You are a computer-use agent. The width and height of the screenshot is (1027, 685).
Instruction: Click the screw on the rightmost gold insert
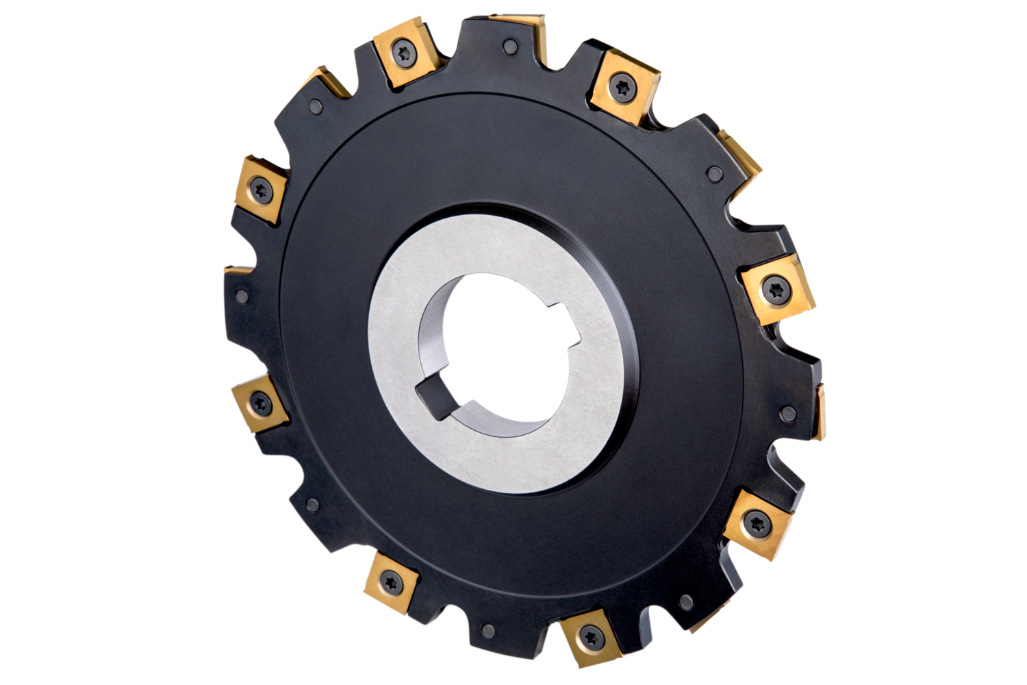click(x=776, y=288)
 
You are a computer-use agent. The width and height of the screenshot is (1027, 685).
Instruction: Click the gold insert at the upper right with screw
click(x=623, y=86)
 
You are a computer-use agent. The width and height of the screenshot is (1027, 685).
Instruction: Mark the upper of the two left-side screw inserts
click(x=260, y=187)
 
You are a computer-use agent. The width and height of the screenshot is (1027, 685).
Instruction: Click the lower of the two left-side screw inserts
click(x=259, y=403)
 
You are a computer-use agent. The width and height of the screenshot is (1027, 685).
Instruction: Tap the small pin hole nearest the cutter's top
click(x=509, y=47)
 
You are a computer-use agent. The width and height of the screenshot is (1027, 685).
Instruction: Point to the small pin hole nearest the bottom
click(x=487, y=630)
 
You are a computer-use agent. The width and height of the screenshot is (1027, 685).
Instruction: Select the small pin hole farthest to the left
click(x=242, y=297)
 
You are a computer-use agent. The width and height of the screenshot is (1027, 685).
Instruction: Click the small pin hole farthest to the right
click(x=788, y=413)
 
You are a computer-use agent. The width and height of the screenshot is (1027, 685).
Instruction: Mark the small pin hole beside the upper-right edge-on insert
click(x=713, y=173)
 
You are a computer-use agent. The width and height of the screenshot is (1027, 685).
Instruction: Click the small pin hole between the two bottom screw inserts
click(x=487, y=630)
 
